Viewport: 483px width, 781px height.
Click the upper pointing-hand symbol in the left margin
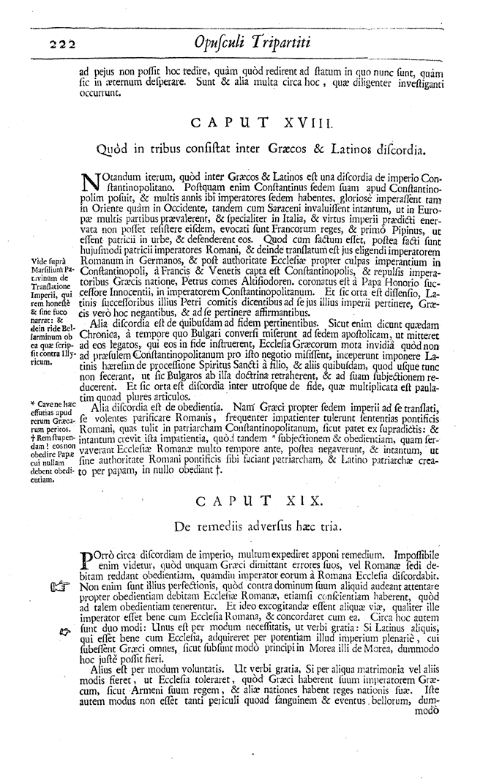click(59, 586)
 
